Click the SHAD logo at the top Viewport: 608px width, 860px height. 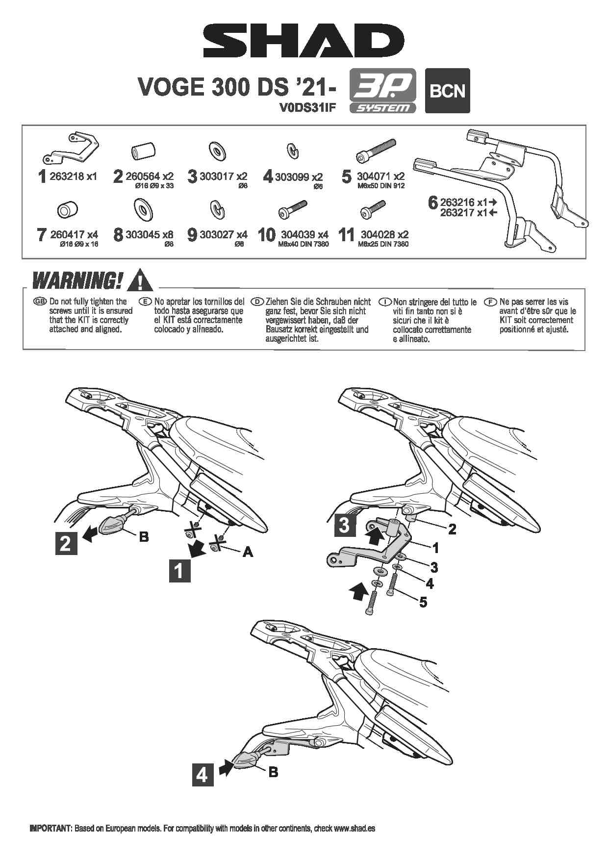[x=304, y=42]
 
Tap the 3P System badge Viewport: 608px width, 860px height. [x=382, y=91]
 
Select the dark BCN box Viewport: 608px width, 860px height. [x=447, y=91]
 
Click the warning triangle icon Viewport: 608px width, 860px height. [x=139, y=280]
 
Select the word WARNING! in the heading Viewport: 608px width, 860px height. [x=76, y=281]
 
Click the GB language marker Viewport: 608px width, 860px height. [x=39, y=302]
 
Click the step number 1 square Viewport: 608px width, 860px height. [x=179, y=571]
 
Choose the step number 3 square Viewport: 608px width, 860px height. [x=345, y=525]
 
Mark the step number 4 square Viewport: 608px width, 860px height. [x=202, y=775]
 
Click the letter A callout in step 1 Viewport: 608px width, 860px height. [x=248, y=552]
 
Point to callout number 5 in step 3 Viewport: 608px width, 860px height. [x=423, y=602]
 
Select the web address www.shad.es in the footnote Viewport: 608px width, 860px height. [x=355, y=828]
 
